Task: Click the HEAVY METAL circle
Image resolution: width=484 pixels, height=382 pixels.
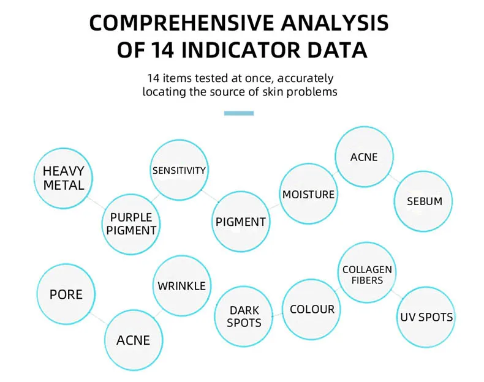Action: tap(63, 178)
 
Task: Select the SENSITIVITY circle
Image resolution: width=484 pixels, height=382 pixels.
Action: tap(179, 170)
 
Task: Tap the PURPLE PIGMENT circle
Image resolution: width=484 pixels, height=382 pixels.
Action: tap(131, 224)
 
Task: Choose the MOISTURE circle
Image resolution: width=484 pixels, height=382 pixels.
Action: tap(308, 194)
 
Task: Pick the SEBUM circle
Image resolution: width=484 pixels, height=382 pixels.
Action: tap(423, 201)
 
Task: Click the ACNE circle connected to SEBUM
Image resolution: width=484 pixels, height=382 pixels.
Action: tap(365, 157)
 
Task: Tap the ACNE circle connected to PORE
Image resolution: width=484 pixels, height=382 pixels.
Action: tap(134, 340)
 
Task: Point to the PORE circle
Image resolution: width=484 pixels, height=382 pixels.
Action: tap(66, 294)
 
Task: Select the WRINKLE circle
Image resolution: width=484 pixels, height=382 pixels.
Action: tap(182, 286)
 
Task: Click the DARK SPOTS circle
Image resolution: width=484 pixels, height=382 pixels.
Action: tap(244, 316)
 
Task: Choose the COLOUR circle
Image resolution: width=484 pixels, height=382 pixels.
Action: tap(312, 309)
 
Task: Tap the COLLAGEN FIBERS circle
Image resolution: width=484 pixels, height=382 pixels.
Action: tap(367, 272)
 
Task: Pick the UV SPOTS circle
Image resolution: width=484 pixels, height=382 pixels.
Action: tap(426, 317)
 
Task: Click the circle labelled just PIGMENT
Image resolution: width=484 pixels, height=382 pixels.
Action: tap(241, 222)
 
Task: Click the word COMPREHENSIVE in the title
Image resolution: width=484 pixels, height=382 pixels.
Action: tap(181, 23)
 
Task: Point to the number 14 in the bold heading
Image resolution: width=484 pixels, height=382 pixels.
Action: tap(162, 50)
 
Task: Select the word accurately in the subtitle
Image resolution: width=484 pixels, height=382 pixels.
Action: tap(305, 78)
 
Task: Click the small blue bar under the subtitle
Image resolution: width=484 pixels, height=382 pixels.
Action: tap(239, 113)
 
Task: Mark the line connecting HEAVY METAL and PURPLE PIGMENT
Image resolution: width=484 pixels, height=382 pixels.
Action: tap(97, 203)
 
